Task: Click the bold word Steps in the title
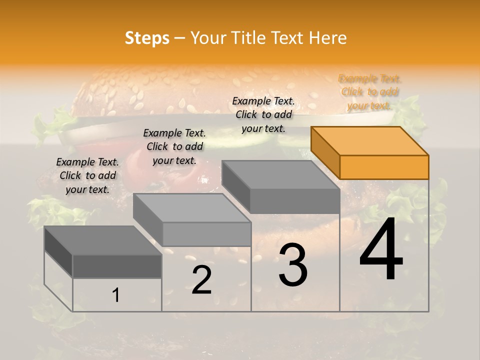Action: [147, 38]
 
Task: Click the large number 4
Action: [381, 251]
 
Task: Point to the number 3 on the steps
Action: [292, 265]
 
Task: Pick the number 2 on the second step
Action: [201, 280]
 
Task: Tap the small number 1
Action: [116, 295]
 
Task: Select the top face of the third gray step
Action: [280, 175]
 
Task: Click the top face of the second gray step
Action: [192, 208]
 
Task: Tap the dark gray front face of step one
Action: [117, 266]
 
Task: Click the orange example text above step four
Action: [370, 92]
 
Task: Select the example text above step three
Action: [263, 114]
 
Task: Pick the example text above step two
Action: [174, 146]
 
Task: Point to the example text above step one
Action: [87, 175]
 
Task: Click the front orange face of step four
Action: [384, 167]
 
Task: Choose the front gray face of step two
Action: [207, 234]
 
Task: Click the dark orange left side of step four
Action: [325, 152]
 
